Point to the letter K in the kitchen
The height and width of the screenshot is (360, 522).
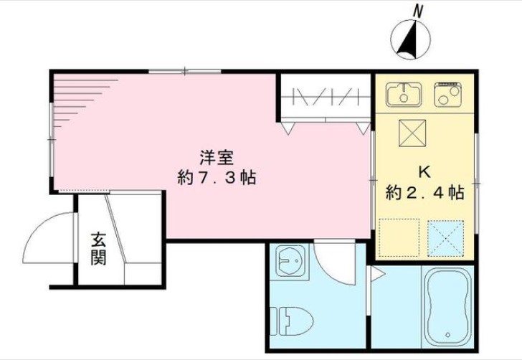pyautogui.click(x=424, y=172)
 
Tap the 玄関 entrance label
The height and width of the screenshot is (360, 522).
pyautogui.click(x=98, y=247)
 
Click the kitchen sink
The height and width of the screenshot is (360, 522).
pyautogui.click(x=404, y=93)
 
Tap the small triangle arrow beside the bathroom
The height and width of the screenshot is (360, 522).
pyautogui.click(x=375, y=272)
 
